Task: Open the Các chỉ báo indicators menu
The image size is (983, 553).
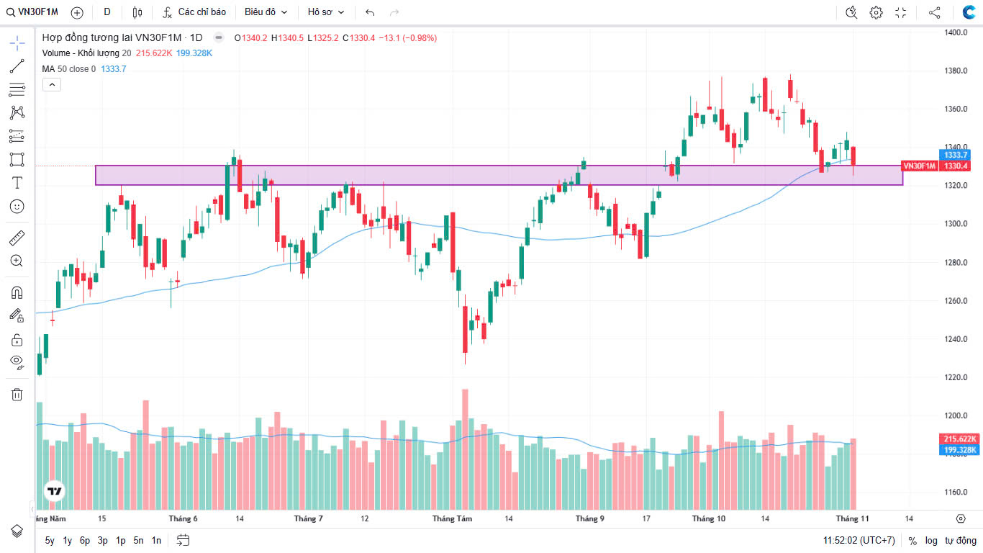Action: coord(194,12)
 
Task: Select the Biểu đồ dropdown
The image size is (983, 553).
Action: coord(266,12)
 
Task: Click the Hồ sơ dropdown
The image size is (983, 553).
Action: coord(325,12)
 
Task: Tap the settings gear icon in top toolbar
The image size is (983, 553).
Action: coord(876,12)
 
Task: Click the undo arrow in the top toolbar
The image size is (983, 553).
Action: coord(370,12)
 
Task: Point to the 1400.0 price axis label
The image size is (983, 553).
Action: coord(955,32)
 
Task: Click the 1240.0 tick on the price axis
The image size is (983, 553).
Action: coord(955,339)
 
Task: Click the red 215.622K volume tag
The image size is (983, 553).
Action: coord(960,439)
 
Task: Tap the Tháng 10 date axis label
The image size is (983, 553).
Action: coord(709,518)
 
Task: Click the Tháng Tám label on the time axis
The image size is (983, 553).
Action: coord(452,518)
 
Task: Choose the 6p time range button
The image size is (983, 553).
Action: coord(85,540)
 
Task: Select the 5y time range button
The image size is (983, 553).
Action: coord(50,540)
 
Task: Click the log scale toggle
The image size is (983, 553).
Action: coord(931,540)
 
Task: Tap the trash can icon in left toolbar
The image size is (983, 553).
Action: coord(17,394)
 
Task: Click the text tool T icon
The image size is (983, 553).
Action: coord(17,182)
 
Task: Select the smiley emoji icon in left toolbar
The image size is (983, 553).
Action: coord(17,206)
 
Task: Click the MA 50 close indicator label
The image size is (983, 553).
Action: coord(68,69)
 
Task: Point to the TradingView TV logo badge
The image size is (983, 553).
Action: coord(54,492)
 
